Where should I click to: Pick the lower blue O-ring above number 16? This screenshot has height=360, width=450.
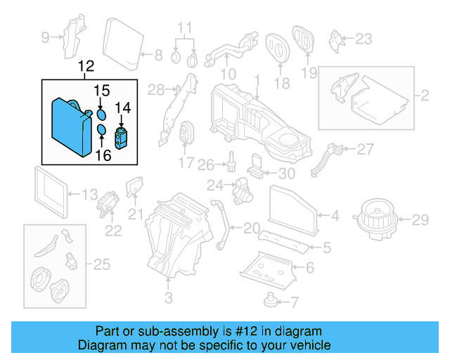click(x=101, y=130)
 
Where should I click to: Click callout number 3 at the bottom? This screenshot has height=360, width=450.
click(x=168, y=299)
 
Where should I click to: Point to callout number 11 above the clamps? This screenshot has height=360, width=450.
click(x=184, y=29)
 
